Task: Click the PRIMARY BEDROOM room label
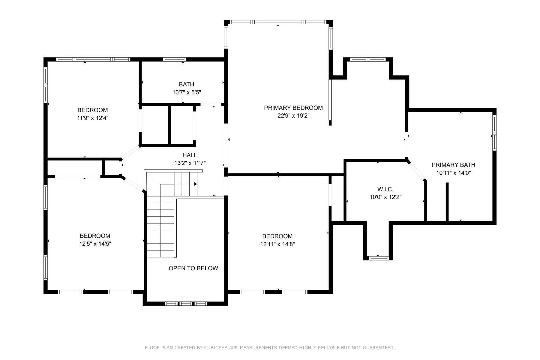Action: [293, 108]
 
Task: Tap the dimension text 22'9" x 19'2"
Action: [293, 116]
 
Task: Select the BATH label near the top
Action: [187, 85]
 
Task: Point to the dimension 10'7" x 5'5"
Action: [187, 92]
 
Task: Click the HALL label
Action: [190, 155]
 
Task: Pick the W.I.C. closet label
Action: [385, 189]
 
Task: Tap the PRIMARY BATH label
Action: [453, 165]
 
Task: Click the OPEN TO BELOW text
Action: [193, 268]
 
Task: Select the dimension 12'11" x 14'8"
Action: [277, 244]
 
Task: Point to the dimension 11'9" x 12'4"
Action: [93, 118]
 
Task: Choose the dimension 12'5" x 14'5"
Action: [95, 244]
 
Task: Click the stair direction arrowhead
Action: [196, 184]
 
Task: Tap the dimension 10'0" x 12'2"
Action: [385, 197]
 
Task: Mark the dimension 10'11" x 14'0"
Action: [453, 173]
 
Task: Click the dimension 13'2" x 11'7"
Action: [190, 163]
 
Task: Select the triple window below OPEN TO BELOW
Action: [186, 304]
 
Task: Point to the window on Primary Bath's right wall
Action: [494, 133]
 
